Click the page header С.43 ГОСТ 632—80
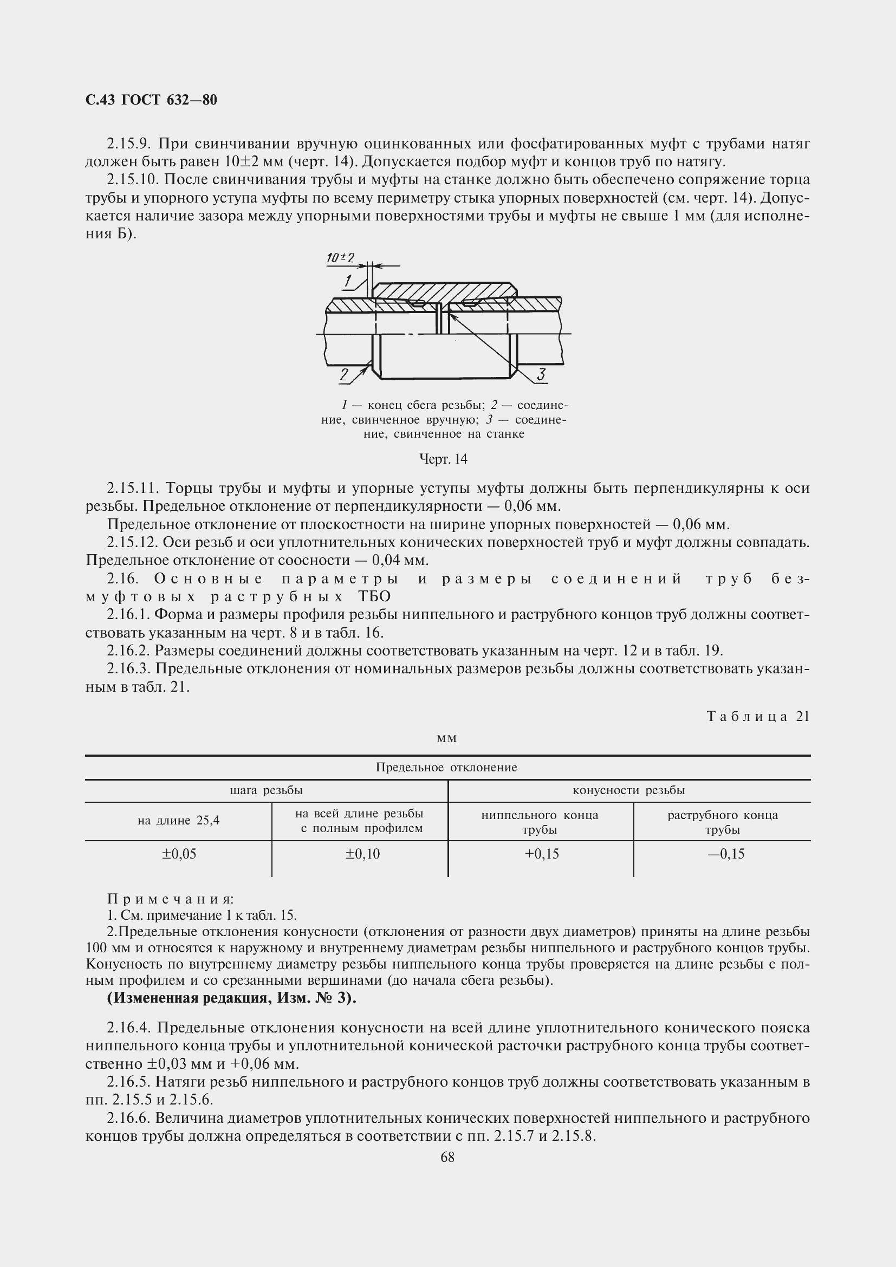point(151,100)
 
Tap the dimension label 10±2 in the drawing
point(340,258)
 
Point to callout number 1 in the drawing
point(348,282)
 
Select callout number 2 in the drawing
point(345,375)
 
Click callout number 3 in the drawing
point(541,375)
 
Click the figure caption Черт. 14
point(443,459)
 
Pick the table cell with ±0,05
point(179,854)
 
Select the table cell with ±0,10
point(362,854)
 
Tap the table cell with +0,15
point(541,854)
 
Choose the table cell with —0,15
point(726,854)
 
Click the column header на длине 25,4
point(178,821)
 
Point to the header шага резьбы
point(266,790)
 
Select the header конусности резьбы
point(628,790)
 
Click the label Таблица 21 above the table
point(757,716)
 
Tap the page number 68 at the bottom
point(447,1157)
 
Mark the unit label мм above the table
point(446,738)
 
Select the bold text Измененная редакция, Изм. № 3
point(231,999)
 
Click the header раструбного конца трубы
point(722,822)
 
